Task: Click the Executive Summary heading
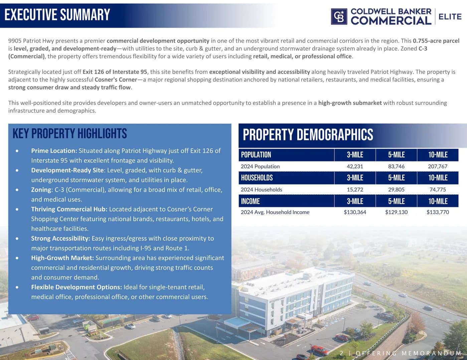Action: coord(57,15)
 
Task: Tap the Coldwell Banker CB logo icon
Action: coord(339,17)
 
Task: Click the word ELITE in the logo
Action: coord(450,17)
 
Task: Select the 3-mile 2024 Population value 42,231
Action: coord(355,166)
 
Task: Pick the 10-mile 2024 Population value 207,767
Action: coord(438,166)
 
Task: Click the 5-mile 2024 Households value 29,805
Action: coord(396,190)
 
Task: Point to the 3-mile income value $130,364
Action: coord(355,212)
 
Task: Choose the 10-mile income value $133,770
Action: coord(438,212)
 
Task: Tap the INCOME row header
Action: coord(250,201)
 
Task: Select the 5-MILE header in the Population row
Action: coord(396,155)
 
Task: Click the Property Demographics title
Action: coord(308,135)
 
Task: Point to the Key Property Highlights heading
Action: coord(69,134)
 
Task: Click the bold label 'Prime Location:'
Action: coord(54,151)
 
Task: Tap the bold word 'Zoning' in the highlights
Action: coord(41,190)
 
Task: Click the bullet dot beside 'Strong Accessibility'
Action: coord(17,239)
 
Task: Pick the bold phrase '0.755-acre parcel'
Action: coord(436,41)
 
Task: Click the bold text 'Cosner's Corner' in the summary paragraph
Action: coord(116,80)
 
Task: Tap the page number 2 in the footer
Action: coord(341,353)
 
